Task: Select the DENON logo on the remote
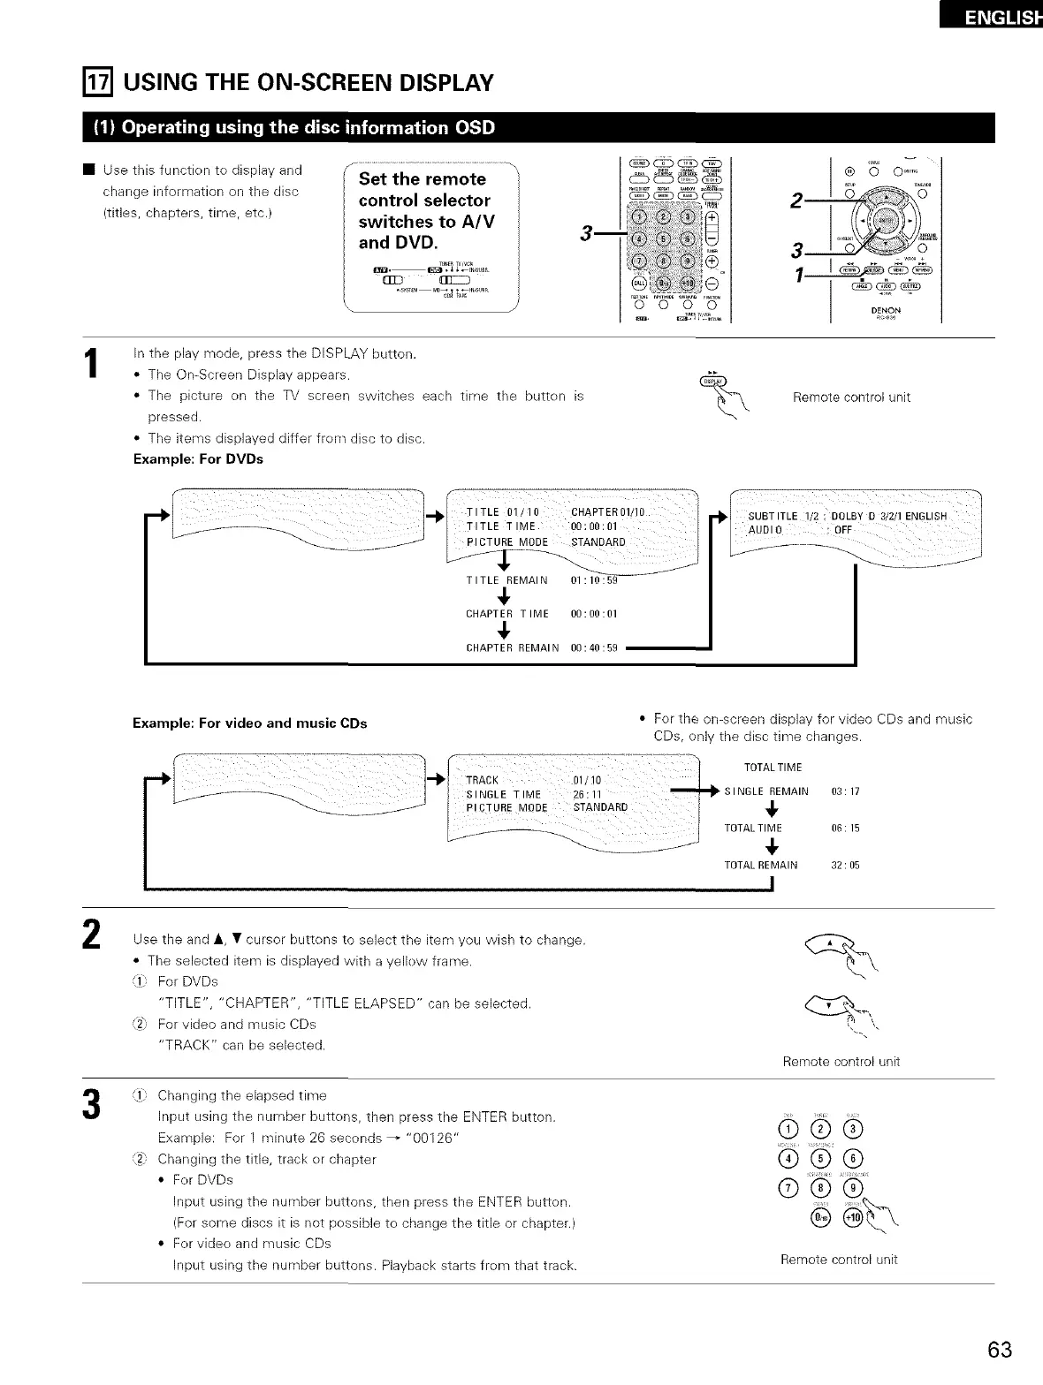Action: click(885, 310)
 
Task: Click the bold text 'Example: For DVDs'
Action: click(198, 459)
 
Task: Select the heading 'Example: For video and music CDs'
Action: click(249, 723)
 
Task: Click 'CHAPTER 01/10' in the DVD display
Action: click(611, 512)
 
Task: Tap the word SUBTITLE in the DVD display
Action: click(773, 516)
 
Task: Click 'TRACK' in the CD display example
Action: click(482, 780)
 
